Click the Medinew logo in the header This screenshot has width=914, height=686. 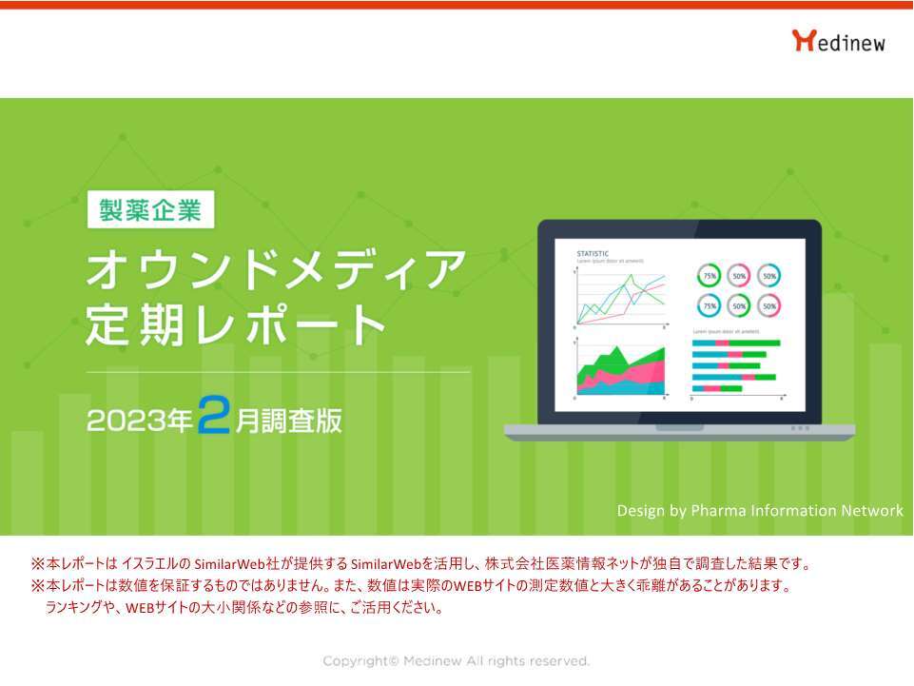point(838,41)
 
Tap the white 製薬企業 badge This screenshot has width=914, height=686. point(150,210)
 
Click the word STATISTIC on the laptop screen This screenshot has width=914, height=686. point(593,254)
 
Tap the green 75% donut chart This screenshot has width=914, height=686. point(709,276)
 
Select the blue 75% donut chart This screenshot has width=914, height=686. point(709,305)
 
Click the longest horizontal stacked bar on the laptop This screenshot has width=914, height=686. point(736,343)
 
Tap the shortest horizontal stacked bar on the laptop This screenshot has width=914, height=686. point(717,388)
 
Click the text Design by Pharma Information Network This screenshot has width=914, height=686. point(759,511)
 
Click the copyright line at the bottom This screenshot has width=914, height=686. point(457,661)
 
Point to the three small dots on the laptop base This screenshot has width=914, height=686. point(800,428)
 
